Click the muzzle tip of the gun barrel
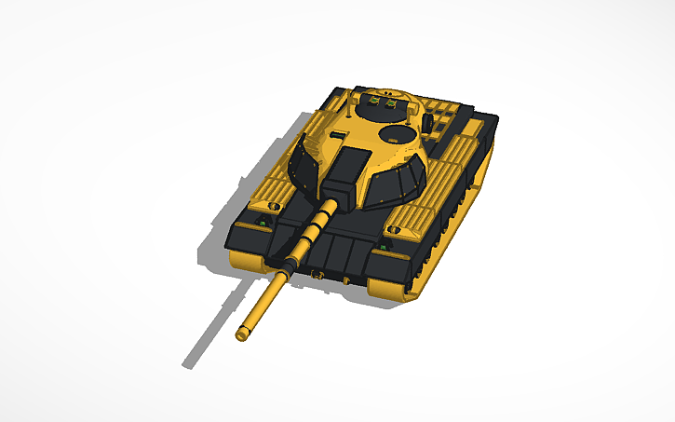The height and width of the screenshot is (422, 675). [243, 333]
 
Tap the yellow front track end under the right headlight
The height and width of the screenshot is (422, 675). [388, 290]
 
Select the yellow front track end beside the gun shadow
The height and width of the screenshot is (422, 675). [244, 260]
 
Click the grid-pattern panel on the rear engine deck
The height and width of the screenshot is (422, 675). [447, 116]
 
